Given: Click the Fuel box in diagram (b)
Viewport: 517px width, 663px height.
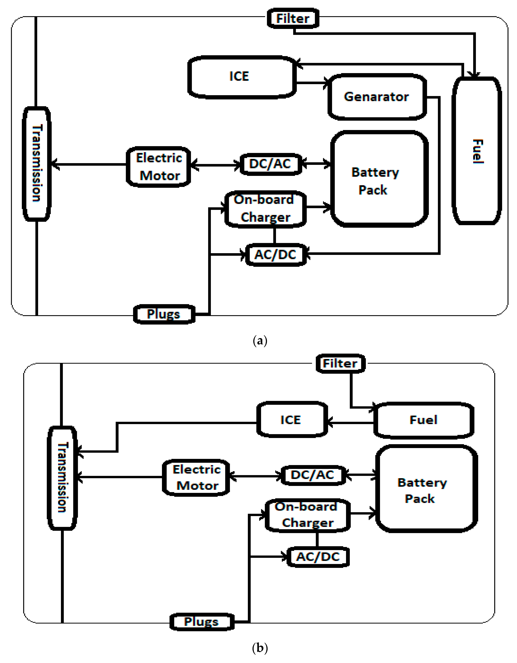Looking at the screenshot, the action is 424,420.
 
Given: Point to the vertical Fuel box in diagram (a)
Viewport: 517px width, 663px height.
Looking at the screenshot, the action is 476,151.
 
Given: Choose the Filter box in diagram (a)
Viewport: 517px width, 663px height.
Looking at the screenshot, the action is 293,19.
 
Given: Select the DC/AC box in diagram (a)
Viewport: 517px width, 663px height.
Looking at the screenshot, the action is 271,164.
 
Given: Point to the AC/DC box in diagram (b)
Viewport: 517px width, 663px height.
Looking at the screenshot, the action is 318,557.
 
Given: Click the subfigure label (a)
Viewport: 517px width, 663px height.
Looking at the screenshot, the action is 260,341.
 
